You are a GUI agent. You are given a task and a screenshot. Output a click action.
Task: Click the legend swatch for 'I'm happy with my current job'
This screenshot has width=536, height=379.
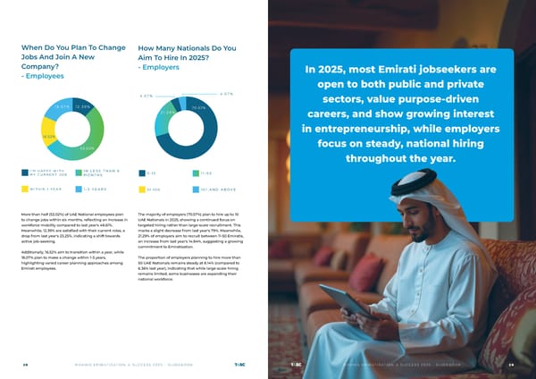[24, 173]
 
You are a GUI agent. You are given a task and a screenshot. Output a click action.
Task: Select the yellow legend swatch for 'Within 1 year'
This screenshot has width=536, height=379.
[24, 189]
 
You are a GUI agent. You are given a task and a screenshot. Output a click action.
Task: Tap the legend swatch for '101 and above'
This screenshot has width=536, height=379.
[196, 189]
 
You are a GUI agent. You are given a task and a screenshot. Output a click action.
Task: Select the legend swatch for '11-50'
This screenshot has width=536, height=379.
[196, 173]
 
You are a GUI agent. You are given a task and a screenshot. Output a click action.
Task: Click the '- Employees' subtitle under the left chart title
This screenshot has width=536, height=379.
[43, 76]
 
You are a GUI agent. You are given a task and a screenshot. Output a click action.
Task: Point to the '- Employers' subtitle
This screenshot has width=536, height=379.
[160, 66]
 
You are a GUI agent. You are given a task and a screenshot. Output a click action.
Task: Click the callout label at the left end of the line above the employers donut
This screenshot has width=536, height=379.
[147, 95]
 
